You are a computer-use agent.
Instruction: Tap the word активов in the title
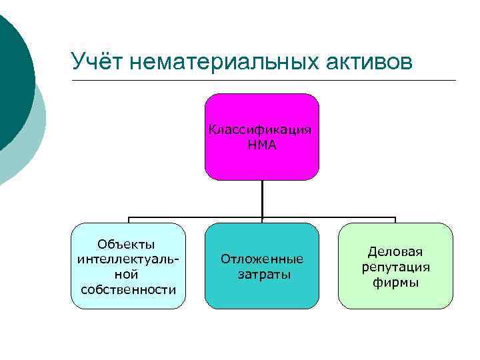tap(370, 61)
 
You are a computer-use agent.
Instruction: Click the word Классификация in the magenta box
tap(261, 130)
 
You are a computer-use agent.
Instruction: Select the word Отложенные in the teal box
tap(262, 259)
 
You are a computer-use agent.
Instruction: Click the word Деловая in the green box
tap(395, 252)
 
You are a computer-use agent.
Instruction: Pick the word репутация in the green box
tap(395, 267)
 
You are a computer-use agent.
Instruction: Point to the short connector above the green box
tap(395, 220)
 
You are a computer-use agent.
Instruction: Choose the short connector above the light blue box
tap(129, 220)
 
